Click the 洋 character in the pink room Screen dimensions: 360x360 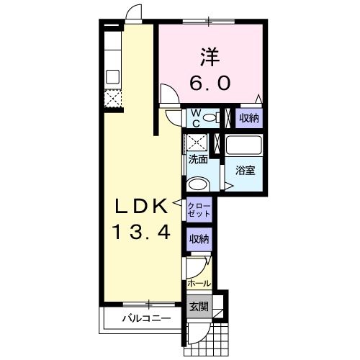[x=210, y=58]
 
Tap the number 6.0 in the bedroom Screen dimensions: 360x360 [x=210, y=83]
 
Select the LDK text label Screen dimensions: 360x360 [x=142, y=206]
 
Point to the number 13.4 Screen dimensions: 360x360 [x=142, y=232]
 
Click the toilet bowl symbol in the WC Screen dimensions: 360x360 [x=211, y=118]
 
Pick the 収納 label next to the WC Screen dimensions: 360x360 [x=249, y=118]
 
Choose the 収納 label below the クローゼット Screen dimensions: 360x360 [x=199, y=239]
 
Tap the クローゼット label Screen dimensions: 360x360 [x=199, y=210]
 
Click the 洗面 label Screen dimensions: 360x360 [x=198, y=159]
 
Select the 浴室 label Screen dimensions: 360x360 [x=245, y=170]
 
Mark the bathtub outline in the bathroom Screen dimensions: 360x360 [x=244, y=145]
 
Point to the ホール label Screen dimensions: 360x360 [x=199, y=284]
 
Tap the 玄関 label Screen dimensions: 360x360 [x=199, y=306]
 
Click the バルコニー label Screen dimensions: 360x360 [x=147, y=318]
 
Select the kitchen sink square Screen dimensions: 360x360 [x=112, y=77]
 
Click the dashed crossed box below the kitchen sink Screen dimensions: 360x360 [x=113, y=99]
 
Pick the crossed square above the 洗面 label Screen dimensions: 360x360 [x=197, y=142]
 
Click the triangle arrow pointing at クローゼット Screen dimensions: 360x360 [x=177, y=203]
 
